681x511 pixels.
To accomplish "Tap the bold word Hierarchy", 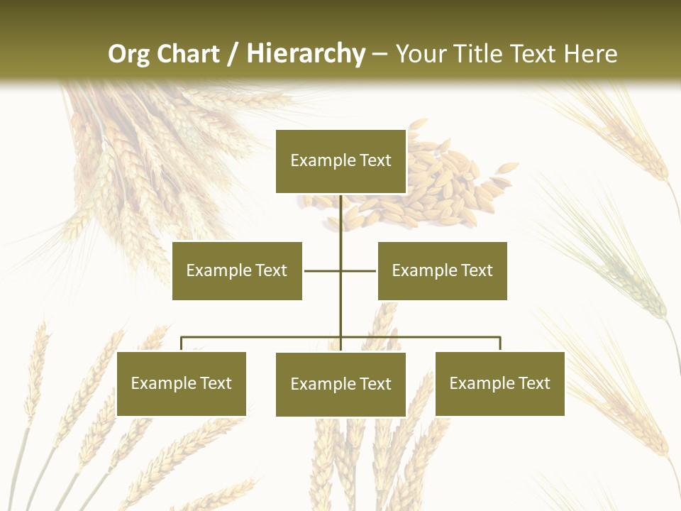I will tap(306, 54).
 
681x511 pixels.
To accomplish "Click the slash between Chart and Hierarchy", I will tap(233, 54).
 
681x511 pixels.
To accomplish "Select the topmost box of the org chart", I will tap(340, 161).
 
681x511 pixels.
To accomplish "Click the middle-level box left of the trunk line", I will tap(237, 270).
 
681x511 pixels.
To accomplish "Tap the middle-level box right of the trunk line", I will tap(442, 270).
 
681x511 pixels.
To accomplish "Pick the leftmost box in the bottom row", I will tap(181, 383).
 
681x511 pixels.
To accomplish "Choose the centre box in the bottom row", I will tap(340, 384).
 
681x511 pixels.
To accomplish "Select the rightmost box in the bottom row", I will tap(499, 383).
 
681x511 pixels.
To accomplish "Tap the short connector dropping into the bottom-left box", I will tap(182, 344).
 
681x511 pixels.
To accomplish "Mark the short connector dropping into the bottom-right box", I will tap(500, 344).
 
